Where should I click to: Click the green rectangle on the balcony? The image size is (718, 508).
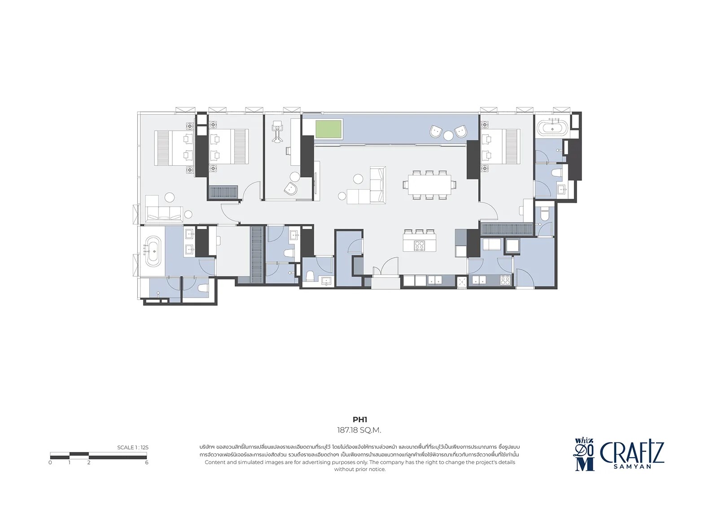click(x=328, y=129)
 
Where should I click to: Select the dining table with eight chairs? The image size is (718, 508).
click(x=429, y=185)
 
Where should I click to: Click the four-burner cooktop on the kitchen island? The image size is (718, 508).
click(x=420, y=245)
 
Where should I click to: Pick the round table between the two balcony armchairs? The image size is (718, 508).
click(x=448, y=136)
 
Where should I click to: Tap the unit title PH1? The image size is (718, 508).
click(x=359, y=420)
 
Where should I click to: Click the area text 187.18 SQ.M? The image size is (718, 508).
click(x=359, y=430)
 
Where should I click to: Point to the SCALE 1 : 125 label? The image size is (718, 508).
click(x=133, y=447)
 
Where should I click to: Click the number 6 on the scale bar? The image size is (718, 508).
click(x=146, y=463)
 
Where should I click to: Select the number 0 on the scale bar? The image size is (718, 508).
click(x=50, y=463)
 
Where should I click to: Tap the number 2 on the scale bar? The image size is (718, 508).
click(x=89, y=463)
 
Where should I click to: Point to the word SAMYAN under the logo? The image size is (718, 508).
click(x=632, y=467)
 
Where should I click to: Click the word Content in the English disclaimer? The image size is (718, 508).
click(x=215, y=462)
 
